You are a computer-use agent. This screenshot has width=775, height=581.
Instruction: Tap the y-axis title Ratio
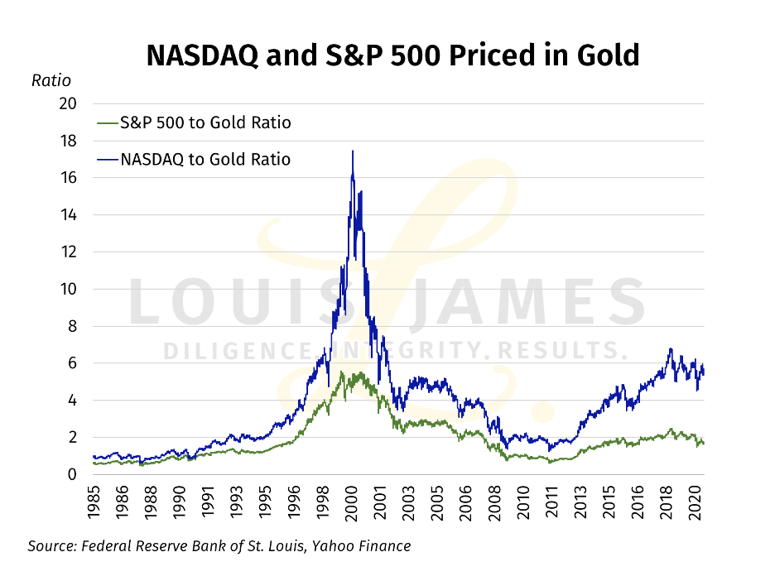point(51,81)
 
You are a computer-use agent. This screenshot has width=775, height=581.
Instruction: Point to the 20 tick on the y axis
point(68,103)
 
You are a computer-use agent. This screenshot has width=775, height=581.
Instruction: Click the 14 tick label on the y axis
point(68,215)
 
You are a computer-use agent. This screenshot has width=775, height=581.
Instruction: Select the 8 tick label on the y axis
point(72,326)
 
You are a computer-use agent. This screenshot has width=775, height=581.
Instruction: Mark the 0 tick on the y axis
point(72,474)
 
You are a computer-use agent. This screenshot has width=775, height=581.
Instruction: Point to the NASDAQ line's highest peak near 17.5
point(353,151)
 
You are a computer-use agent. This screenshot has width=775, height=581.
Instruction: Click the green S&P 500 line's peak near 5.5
point(341,373)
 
